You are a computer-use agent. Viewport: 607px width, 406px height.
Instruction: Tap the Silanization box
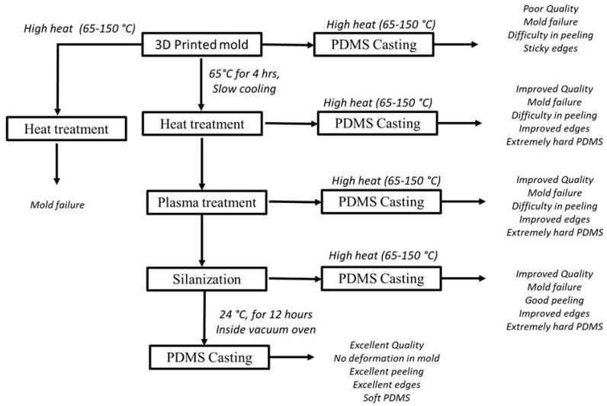pyautogui.click(x=201, y=279)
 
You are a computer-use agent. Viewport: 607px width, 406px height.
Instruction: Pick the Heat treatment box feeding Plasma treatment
pyautogui.click(x=201, y=123)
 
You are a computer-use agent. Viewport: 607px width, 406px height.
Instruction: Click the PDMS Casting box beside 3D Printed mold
pyautogui.click(x=373, y=44)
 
